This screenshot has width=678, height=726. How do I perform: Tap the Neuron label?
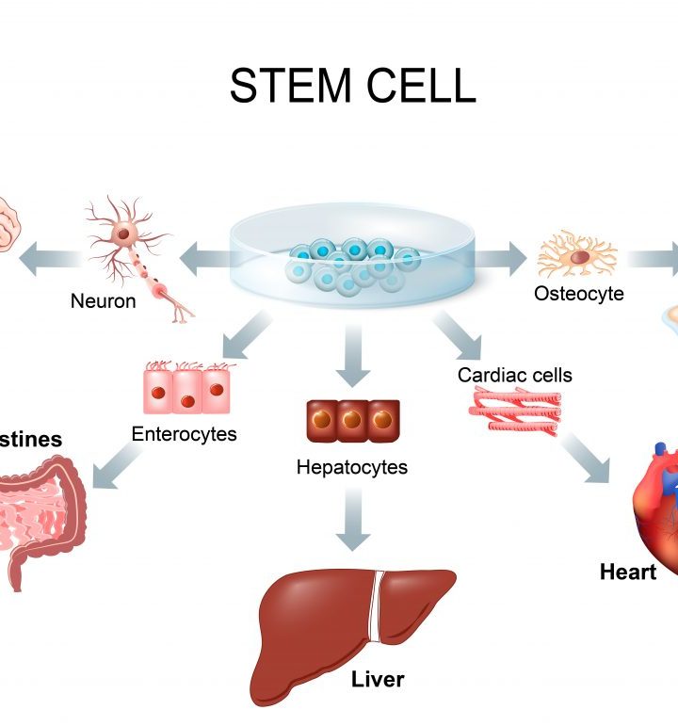[103, 301]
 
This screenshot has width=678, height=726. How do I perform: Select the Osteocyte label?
[578, 293]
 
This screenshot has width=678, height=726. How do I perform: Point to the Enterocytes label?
[184, 434]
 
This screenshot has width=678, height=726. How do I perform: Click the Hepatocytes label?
[351, 466]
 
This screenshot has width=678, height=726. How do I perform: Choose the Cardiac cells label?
[514, 375]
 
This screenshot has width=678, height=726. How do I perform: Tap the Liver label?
[377, 678]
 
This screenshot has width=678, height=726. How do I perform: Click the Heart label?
[628, 572]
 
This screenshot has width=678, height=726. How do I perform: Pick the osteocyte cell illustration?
[575, 254]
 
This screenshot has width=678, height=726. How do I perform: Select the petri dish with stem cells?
[350, 256]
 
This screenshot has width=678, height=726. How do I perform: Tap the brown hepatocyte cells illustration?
[352, 420]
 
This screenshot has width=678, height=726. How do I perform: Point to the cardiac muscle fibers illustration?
[513, 410]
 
